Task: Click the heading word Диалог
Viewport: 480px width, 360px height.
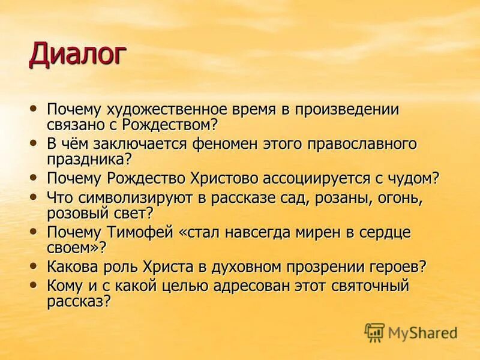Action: pos(78,54)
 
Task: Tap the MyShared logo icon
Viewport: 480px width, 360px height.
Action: pos(375,332)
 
